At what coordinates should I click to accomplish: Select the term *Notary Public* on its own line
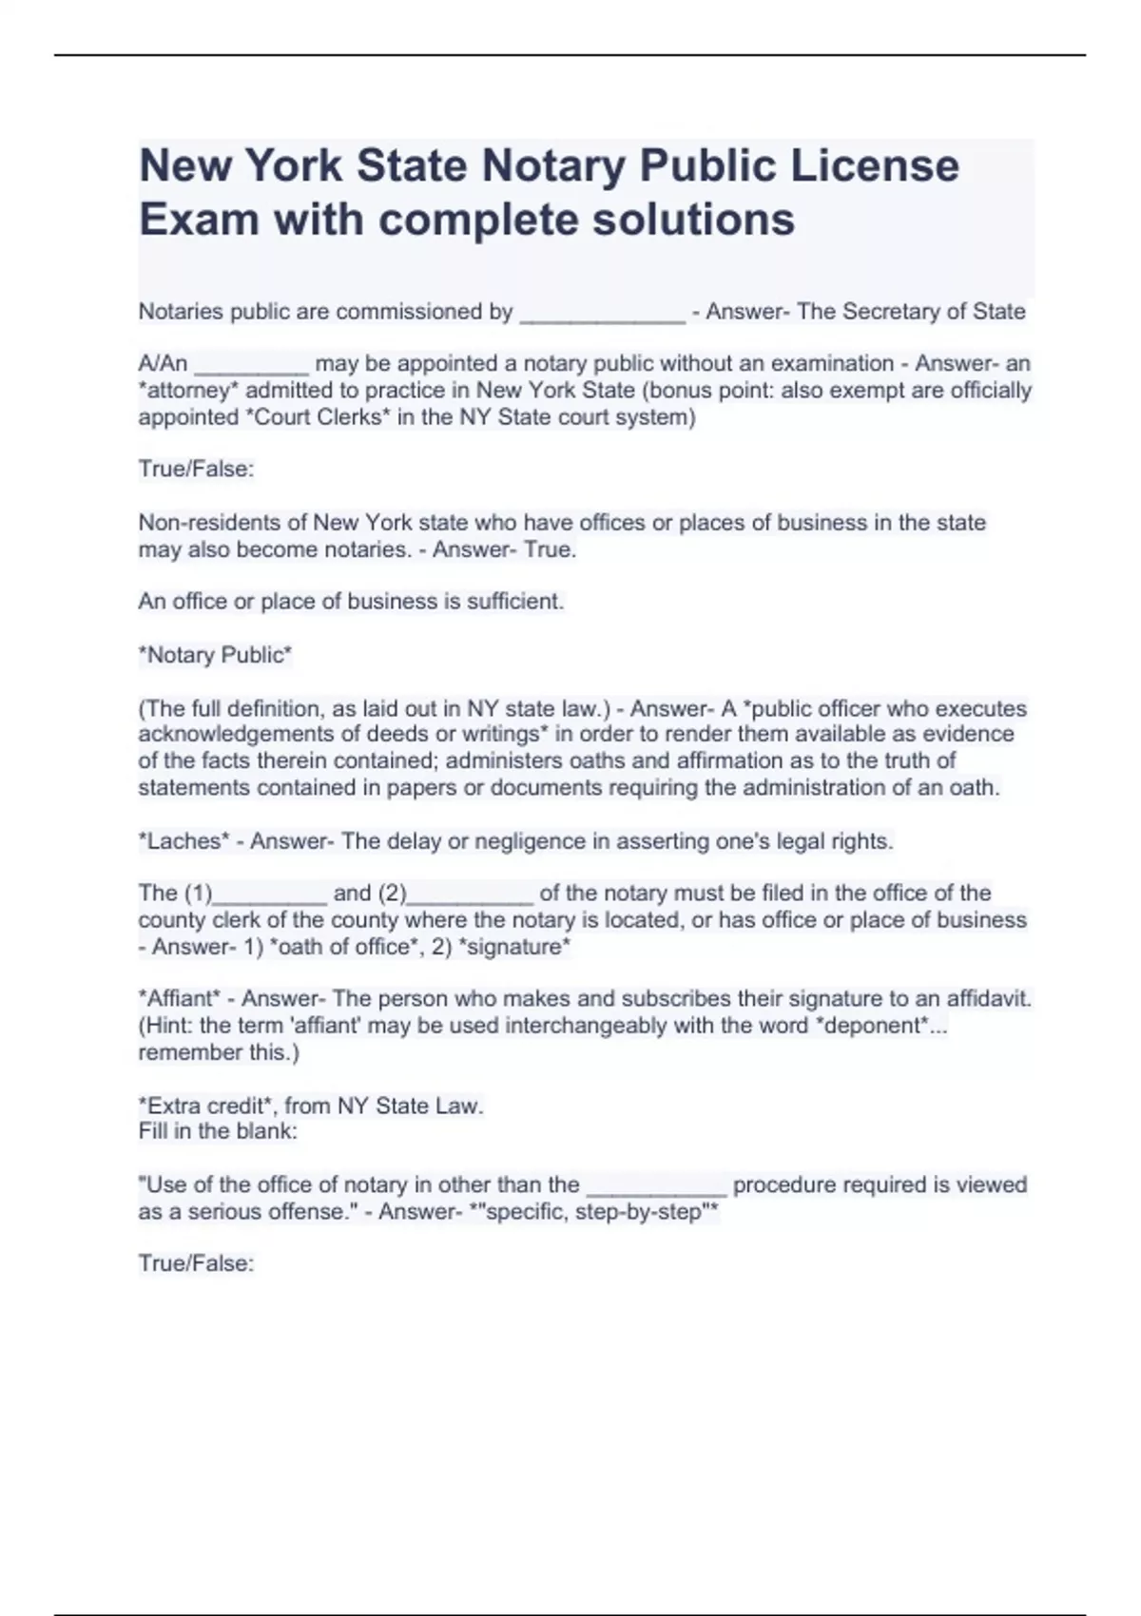click(x=215, y=655)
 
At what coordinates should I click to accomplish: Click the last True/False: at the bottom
click(x=196, y=1263)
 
